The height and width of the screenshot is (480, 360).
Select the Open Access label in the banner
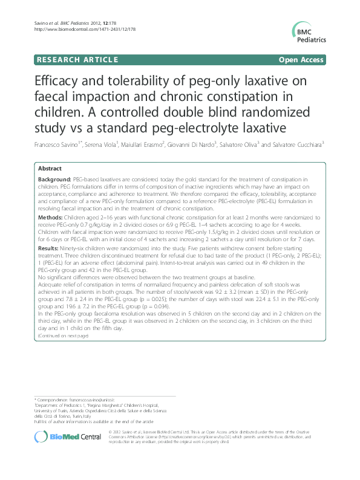[300, 60]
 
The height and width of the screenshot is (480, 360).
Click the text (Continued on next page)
[64, 336]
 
